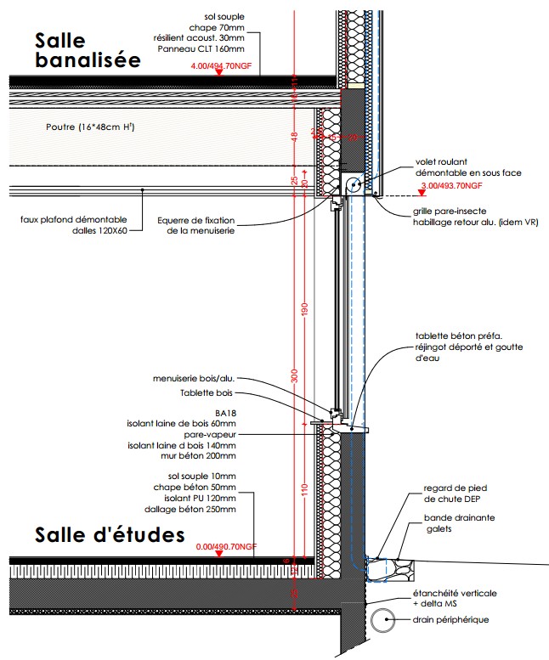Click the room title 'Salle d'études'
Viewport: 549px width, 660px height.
click(110, 535)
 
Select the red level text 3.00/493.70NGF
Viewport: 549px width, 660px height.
click(451, 184)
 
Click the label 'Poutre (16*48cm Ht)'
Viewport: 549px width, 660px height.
click(90, 127)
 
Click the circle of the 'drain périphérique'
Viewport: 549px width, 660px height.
click(382, 619)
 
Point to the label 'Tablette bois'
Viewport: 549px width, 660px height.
click(207, 393)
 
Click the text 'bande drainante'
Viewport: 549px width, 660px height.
click(460, 516)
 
